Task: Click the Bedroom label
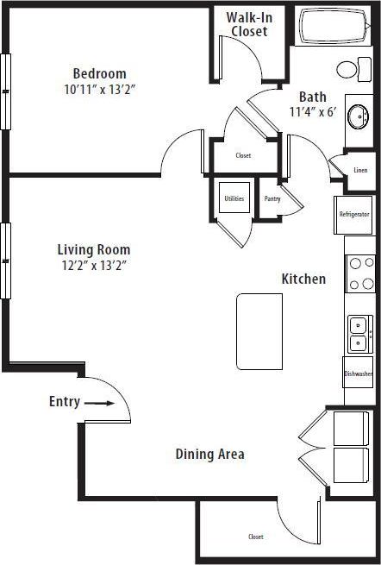(x=99, y=73)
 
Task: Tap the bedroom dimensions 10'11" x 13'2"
(x=99, y=88)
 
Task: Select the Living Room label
(x=94, y=250)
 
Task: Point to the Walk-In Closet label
(x=248, y=24)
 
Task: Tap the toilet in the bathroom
(x=348, y=69)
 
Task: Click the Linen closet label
(x=359, y=170)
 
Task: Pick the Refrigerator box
(x=354, y=214)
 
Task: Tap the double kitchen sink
(x=359, y=333)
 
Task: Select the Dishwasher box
(x=358, y=374)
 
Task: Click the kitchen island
(x=259, y=331)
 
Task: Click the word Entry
(x=65, y=402)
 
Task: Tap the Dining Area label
(x=209, y=454)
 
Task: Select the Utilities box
(x=234, y=199)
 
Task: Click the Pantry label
(x=272, y=199)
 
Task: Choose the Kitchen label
(x=303, y=279)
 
